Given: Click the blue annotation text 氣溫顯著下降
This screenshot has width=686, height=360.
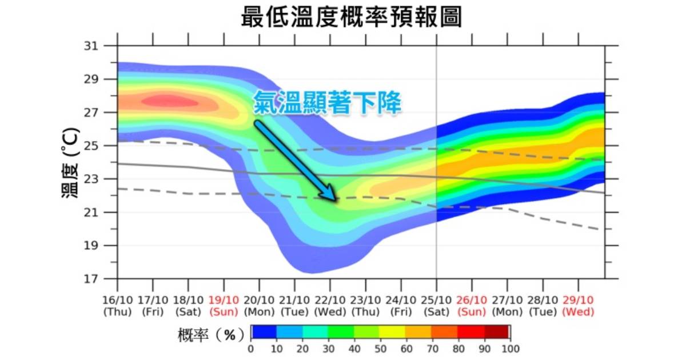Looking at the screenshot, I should (x=327, y=103).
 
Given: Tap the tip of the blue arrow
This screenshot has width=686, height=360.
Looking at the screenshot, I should (x=336, y=200).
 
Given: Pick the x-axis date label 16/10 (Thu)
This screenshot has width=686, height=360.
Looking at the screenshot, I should (x=118, y=306).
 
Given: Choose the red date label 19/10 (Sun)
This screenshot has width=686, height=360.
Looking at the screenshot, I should (x=224, y=306).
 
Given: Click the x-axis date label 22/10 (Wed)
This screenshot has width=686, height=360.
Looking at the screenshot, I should (x=330, y=306).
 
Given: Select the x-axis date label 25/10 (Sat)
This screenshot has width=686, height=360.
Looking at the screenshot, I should (x=436, y=306).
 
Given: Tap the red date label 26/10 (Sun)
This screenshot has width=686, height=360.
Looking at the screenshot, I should (x=472, y=306).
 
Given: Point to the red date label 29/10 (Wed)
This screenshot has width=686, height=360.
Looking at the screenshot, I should (x=578, y=306).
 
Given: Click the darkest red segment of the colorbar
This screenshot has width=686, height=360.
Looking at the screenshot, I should (x=497, y=332).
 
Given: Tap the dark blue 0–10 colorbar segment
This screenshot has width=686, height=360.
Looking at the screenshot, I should (x=264, y=332).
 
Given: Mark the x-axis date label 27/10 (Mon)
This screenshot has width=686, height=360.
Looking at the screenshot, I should (x=507, y=306).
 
